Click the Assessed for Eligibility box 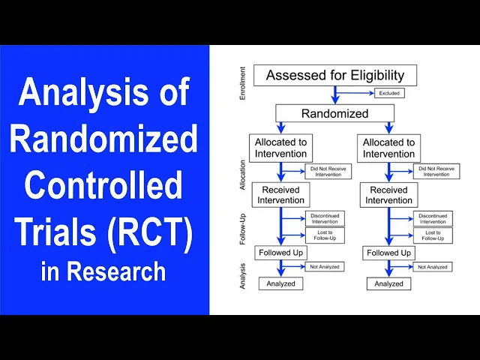tap(334, 75)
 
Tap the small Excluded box tap(389, 93)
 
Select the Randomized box tap(334, 114)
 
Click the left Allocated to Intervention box tap(279, 148)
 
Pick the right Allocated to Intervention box tap(388, 148)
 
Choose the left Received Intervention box tap(279, 195)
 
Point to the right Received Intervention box tap(388, 195)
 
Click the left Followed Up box tap(280, 253)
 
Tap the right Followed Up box tap(388, 253)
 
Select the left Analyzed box tap(280, 283)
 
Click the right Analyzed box tap(388, 283)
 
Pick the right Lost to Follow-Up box tap(433, 235)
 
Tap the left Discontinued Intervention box tap(325, 217)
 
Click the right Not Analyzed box tap(433, 266)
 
